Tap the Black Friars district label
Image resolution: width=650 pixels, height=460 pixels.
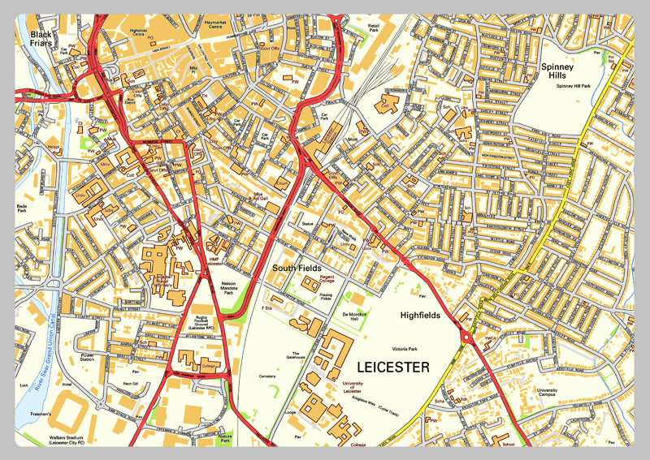pyautogui.click(x=41, y=39)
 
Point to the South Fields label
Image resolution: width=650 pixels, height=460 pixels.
pyautogui.click(x=297, y=268)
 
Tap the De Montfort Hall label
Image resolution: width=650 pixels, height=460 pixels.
pyautogui.click(x=355, y=317)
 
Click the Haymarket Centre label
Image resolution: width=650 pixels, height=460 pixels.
pyautogui.click(x=214, y=24)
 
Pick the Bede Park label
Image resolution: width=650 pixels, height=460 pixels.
pyautogui.click(x=22, y=210)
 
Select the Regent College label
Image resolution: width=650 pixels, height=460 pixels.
pyautogui.click(x=316, y=279)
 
